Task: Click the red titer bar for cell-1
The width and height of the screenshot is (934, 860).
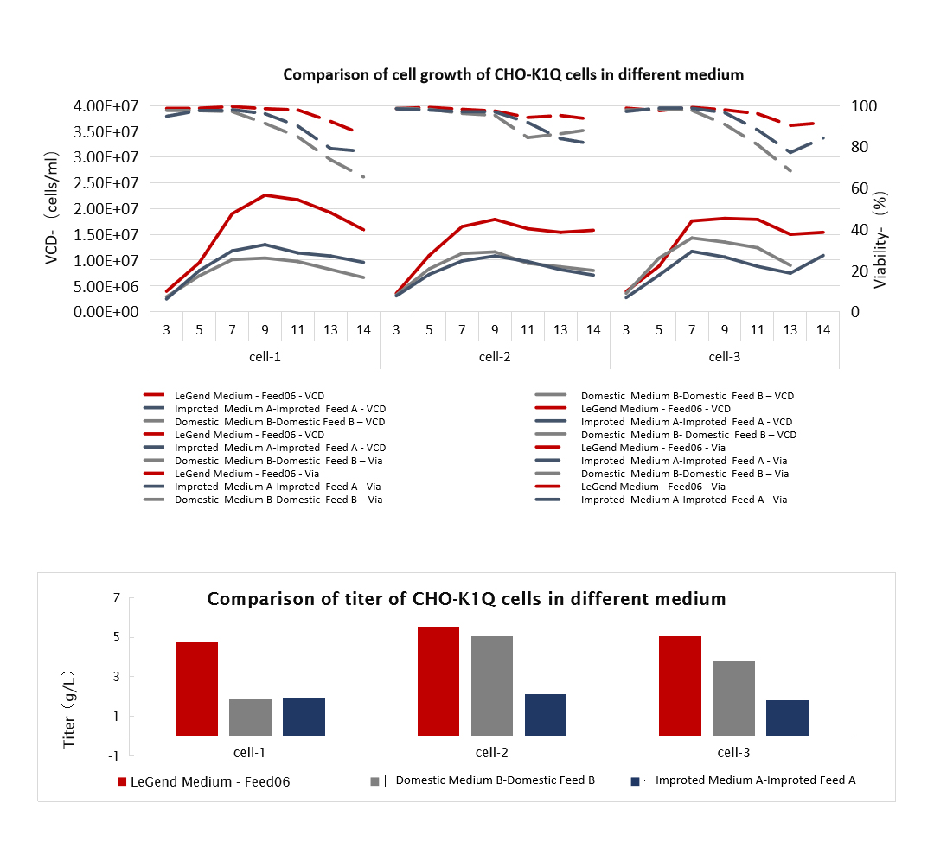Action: point(196,689)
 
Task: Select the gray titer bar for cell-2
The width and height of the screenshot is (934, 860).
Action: point(492,685)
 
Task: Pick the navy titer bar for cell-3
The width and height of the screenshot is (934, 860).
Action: point(787,717)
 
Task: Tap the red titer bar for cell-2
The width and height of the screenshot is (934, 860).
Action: point(438,681)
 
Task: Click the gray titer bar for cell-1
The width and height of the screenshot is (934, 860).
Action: point(250,717)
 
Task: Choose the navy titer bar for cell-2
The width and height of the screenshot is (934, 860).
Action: point(546,715)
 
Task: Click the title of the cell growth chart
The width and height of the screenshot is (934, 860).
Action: point(513,74)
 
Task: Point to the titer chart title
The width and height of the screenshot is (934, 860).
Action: point(466,598)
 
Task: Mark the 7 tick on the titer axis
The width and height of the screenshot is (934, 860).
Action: point(115,598)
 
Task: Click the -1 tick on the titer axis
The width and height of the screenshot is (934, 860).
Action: point(112,755)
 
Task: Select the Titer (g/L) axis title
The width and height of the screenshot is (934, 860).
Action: point(70,709)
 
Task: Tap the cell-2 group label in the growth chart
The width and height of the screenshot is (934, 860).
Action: point(495,356)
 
